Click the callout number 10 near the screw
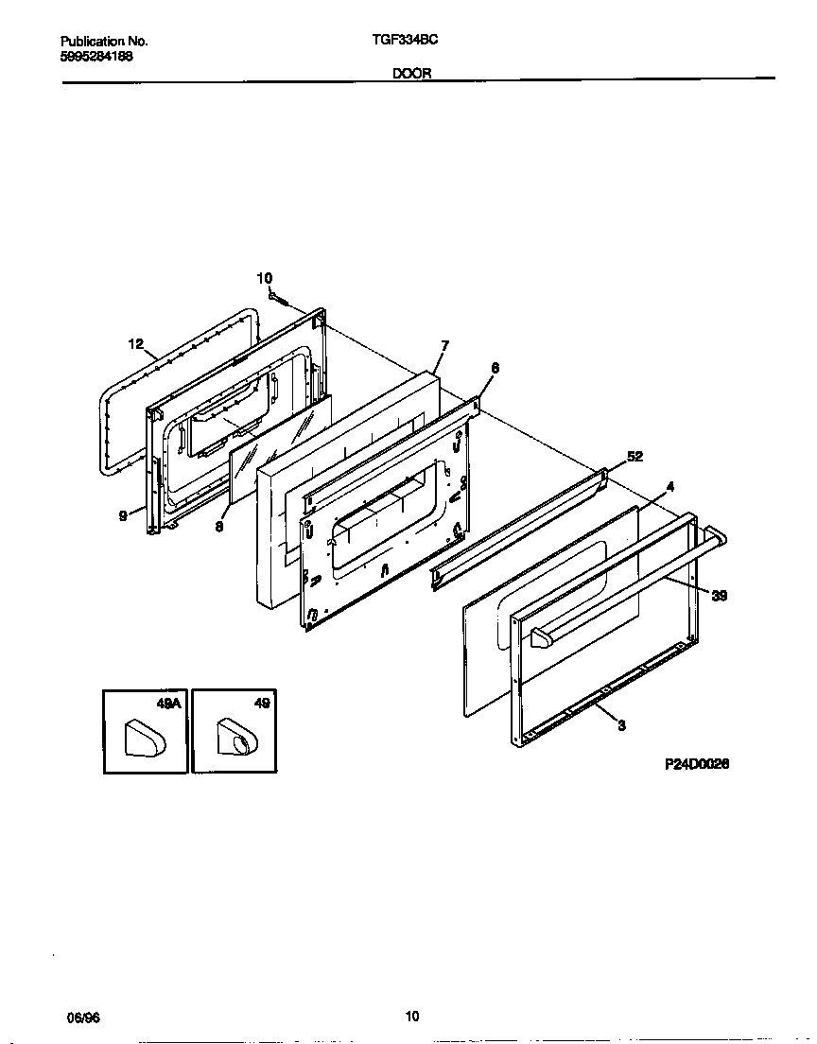pyautogui.click(x=265, y=277)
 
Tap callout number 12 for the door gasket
pyautogui.click(x=135, y=344)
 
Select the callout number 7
pyautogui.click(x=444, y=345)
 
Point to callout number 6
pyautogui.click(x=495, y=368)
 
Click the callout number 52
pyautogui.click(x=634, y=456)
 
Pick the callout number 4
pyautogui.click(x=669, y=486)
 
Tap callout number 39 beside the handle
pyautogui.click(x=719, y=596)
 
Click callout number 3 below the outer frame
pyautogui.click(x=621, y=725)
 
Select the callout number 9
pyautogui.click(x=123, y=516)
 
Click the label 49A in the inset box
pyautogui.click(x=168, y=704)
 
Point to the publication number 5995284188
pyautogui.click(x=96, y=57)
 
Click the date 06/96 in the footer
pyautogui.click(x=83, y=1018)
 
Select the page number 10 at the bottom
pyautogui.click(x=412, y=1017)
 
